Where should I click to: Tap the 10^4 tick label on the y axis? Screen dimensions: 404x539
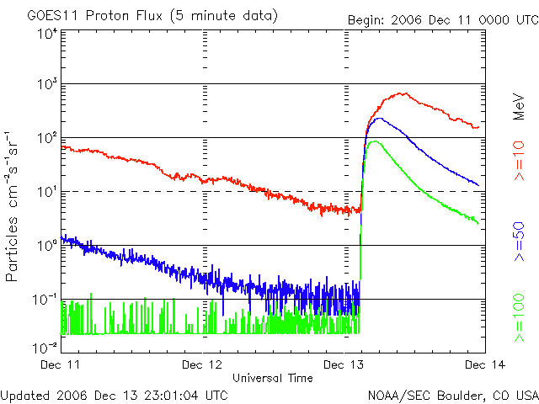(47, 34)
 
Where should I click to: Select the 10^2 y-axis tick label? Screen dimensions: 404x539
(47, 139)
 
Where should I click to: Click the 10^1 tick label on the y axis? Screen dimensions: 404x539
(47, 192)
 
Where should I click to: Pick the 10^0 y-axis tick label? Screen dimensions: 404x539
(47, 247)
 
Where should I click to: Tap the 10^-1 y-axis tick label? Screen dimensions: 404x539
(45, 300)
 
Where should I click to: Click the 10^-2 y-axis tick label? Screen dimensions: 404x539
(45, 345)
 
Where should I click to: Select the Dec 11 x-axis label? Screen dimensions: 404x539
(60, 365)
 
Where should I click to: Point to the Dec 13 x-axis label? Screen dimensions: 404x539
(345, 365)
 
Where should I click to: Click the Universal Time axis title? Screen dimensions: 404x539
(273, 378)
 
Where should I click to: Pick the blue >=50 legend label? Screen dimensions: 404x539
(520, 241)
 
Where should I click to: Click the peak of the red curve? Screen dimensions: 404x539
(404, 93)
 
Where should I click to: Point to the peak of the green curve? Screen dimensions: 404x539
(372, 141)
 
